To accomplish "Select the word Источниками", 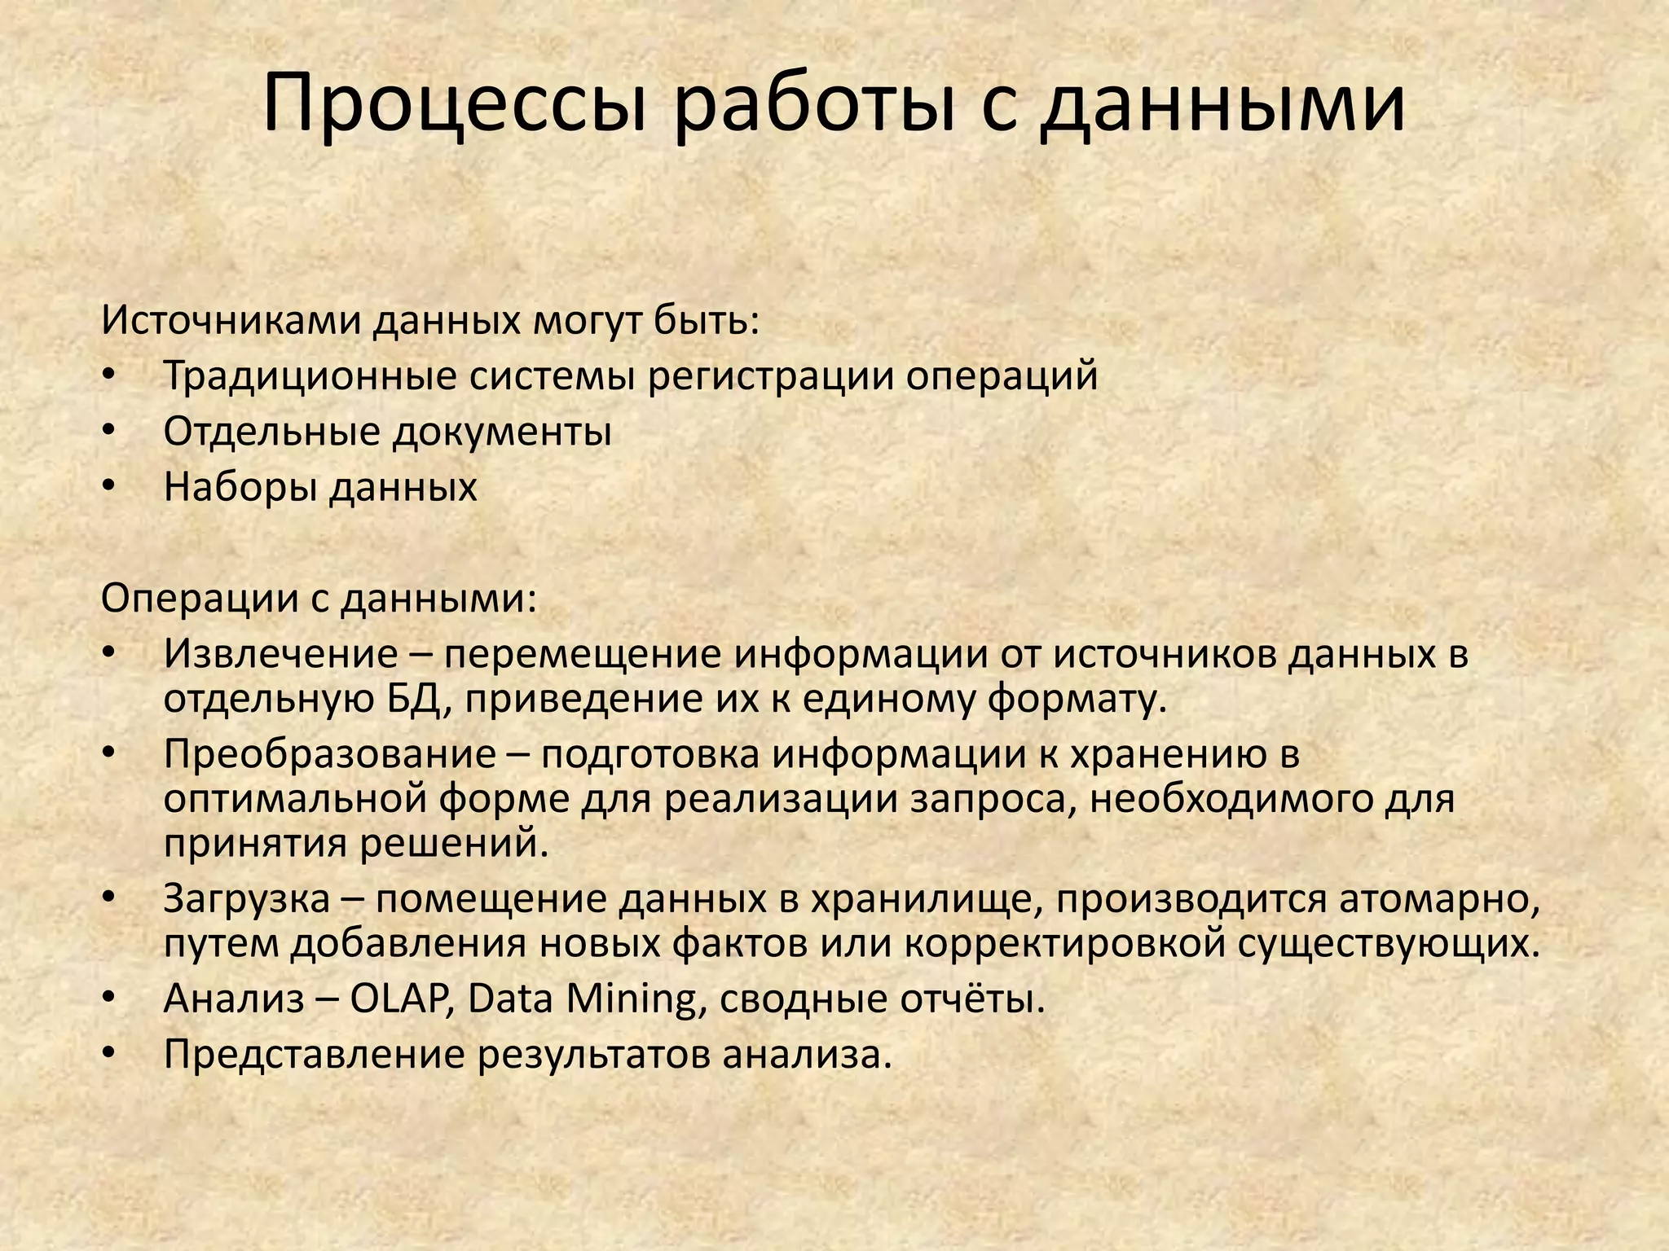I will point(231,321).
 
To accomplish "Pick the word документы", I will point(502,432).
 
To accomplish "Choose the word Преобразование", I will point(329,754).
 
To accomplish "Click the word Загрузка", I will point(247,899).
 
